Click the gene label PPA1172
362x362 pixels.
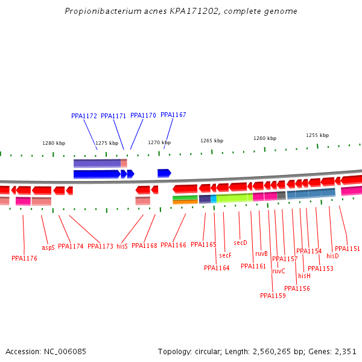84,116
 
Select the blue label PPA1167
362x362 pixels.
173,115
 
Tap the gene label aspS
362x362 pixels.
48,247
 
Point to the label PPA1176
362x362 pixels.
24,258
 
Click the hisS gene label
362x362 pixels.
122,246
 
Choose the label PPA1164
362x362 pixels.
217,268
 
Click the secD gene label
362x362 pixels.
240,243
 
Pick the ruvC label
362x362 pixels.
278,271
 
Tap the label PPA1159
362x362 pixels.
273,296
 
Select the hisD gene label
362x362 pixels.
332,256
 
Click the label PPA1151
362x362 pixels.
347,249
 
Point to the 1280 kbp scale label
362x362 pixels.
54,143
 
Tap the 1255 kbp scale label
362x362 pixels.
317,135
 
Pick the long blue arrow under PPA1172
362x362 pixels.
97,174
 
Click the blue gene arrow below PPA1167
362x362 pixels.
164,173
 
